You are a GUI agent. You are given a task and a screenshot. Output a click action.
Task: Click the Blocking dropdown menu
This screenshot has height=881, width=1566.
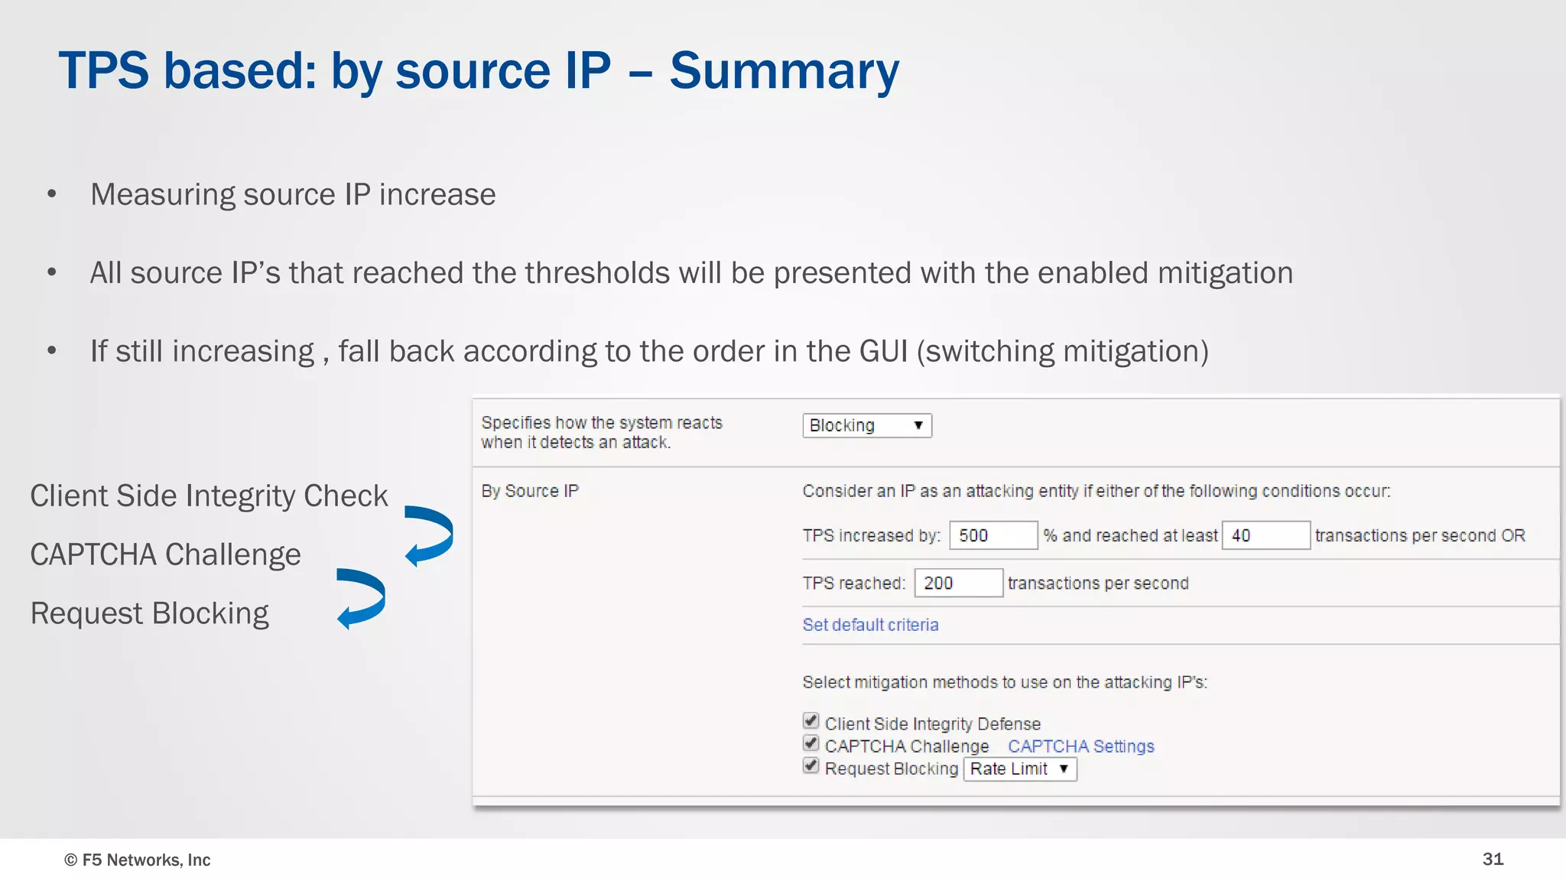coord(866,425)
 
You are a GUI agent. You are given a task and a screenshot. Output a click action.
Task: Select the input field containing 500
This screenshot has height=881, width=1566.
coord(993,535)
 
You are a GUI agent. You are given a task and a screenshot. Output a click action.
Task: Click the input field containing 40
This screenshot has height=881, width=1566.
coord(1265,535)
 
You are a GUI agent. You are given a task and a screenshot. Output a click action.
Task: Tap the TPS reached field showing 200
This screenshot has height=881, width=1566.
coord(958,583)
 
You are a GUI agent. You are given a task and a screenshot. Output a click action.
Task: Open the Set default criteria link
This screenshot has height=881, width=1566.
coord(870,625)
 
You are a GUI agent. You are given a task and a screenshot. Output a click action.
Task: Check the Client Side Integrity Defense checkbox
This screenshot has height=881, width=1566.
coord(811,721)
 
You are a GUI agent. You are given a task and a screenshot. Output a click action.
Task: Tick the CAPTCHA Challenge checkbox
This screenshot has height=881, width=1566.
coord(811,743)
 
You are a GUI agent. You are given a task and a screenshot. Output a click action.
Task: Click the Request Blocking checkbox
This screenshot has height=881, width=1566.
coord(811,766)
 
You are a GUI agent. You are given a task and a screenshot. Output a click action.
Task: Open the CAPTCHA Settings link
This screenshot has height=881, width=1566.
coord(1080,746)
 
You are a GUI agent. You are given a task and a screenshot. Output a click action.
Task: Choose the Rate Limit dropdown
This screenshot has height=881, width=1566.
coord(1019,769)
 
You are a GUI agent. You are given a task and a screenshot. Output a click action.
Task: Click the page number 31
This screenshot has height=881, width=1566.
coord(1493,859)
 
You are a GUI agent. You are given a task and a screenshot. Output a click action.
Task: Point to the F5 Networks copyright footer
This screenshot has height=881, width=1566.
coord(138,860)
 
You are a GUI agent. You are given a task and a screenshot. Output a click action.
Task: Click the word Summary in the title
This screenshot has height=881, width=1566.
coord(784,71)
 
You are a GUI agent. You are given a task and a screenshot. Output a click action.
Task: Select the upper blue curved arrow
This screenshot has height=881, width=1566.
coord(430,535)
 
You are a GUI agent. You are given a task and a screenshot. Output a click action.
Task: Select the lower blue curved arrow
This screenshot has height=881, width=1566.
coord(362,598)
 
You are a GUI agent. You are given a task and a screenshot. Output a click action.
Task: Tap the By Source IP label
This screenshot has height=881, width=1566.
coord(530,491)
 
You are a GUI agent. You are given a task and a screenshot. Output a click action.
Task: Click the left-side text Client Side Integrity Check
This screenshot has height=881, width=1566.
coord(209,496)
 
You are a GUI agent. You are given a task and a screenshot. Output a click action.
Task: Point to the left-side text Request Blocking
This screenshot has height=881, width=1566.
coord(150,613)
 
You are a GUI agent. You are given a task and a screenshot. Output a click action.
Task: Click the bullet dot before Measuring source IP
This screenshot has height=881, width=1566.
coord(52,194)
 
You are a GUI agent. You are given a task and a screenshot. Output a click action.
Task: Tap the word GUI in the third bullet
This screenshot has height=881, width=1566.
coord(883,351)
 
